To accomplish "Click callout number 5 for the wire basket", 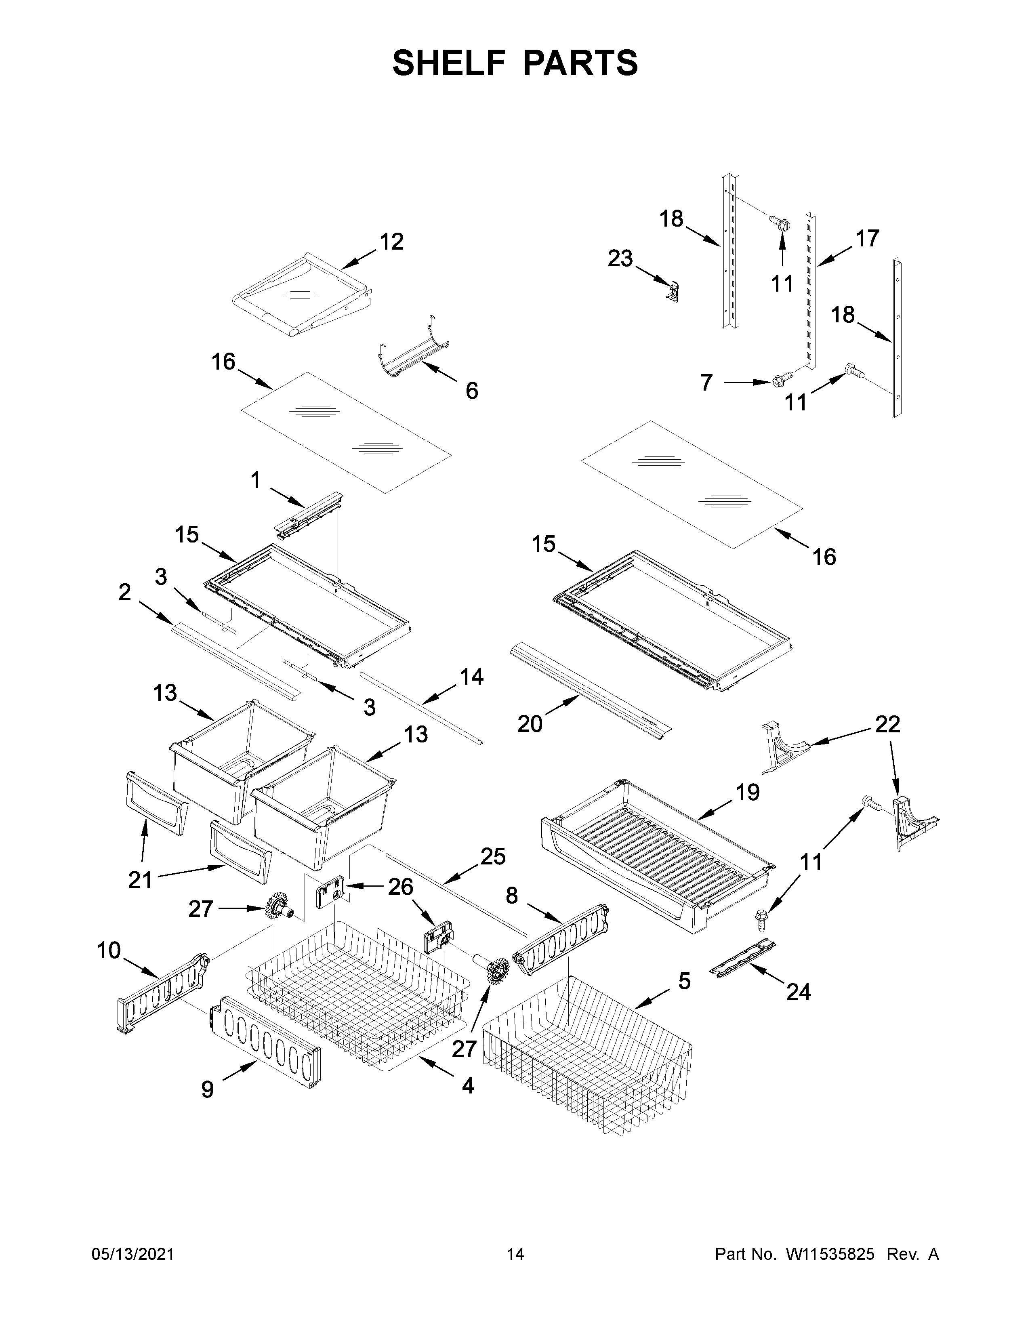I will pos(684,982).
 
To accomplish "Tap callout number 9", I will pos(208,1089).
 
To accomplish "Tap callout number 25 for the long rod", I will pos(492,857).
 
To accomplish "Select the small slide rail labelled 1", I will pos(309,516).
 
